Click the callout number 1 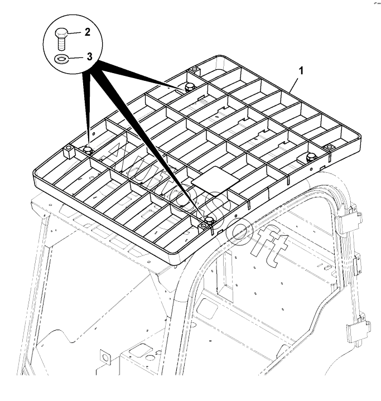[302, 71]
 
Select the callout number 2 [87, 32]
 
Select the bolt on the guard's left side [88, 149]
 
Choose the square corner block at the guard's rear [194, 70]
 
